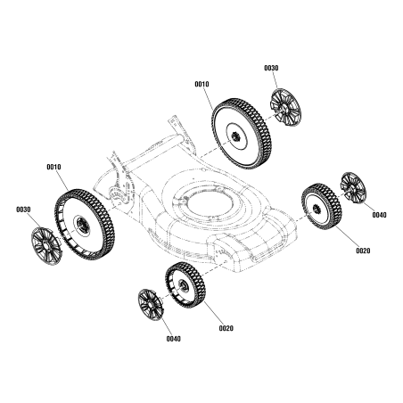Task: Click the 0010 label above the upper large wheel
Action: tap(201, 84)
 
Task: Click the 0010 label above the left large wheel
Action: tap(53, 167)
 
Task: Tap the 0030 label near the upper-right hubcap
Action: tap(271, 68)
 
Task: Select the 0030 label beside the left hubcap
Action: tap(23, 210)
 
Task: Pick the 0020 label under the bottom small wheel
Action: tap(226, 328)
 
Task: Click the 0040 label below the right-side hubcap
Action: tap(379, 215)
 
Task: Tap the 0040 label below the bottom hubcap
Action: tap(173, 339)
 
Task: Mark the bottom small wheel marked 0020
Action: tap(185, 285)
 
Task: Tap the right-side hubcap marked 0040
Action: tap(353, 189)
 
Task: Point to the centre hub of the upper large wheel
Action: tap(236, 135)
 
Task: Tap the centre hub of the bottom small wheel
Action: tap(181, 285)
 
